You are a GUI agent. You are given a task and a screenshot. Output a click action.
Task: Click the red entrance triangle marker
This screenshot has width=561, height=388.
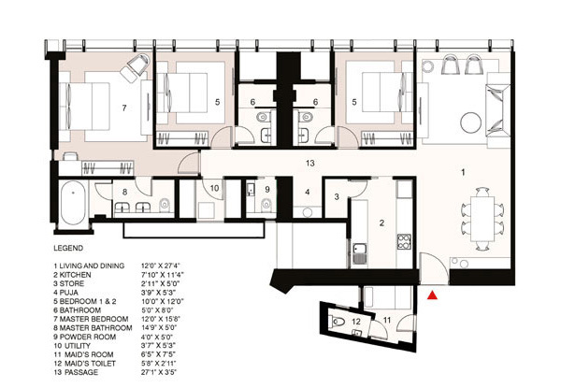433,295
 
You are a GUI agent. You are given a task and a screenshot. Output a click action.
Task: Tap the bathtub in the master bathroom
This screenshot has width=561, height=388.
73,203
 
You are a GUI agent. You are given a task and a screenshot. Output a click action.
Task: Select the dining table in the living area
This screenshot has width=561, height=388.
482,219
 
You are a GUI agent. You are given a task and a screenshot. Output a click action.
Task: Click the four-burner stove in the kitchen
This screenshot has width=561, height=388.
404,241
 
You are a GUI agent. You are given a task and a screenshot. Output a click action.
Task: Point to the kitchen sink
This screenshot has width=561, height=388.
360,252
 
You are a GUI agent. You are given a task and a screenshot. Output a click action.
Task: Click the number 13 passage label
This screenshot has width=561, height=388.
310,163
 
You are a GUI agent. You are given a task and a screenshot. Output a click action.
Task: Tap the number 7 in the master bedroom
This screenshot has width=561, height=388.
124,108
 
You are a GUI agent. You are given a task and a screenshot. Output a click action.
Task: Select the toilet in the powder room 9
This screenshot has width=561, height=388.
266,205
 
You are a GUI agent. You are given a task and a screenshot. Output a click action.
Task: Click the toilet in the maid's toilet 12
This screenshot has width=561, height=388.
338,322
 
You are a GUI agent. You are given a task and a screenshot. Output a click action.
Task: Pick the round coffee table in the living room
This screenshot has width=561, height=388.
471,122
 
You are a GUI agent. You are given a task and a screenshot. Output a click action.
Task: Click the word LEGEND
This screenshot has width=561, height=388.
68,248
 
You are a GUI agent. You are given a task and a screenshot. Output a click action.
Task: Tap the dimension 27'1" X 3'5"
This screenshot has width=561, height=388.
159,372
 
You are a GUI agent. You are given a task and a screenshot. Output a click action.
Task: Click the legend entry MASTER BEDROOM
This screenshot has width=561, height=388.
93,319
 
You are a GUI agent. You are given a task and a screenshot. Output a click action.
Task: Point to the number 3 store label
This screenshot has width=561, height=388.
337,196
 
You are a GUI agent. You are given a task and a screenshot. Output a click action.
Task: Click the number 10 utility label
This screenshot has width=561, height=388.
214,188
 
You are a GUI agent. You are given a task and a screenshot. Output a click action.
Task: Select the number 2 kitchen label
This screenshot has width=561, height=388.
381,223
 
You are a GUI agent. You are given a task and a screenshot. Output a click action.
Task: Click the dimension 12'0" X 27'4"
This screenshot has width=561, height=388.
161,266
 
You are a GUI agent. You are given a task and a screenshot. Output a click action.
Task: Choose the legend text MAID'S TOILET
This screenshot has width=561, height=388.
90,364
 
